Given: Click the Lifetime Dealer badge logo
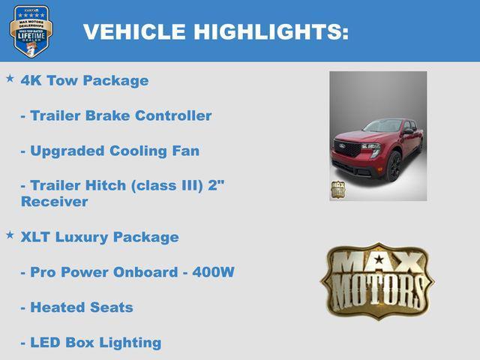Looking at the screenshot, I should click(x=31, y=30).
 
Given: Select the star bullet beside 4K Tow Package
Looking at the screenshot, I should click(x=10, y=78).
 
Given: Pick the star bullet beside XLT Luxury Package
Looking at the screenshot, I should click(x=10, y=235).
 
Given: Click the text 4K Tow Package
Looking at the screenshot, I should click(x=85, y=80).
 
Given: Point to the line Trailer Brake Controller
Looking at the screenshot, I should click(x=116, y=115).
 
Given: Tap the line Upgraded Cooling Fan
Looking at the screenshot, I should click(x=110, y=151).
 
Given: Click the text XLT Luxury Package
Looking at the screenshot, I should click(x=100, y=237).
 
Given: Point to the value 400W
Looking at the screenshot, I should click(x=212, y=272).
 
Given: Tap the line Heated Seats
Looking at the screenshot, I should click(x=77, y=307).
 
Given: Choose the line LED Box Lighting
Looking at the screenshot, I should click(x=91, y=343).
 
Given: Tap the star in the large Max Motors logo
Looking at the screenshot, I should click(x=377, y=260).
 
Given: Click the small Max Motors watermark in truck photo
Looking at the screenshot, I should click(x=338, y=188).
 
